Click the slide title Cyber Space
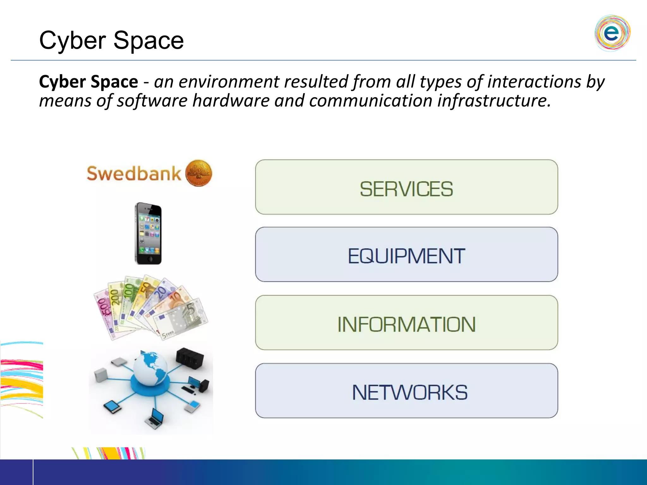coord(111,40)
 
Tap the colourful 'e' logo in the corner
coord(612,33)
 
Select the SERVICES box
coord(406,187)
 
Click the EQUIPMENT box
coord(406,254)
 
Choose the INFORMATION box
coord(406,323)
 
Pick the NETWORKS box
coord(406,391)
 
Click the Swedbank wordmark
coord(134,174)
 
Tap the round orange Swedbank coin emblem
coord(198,173)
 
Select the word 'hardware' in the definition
coord(231,101)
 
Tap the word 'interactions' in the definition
coord(534,82)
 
